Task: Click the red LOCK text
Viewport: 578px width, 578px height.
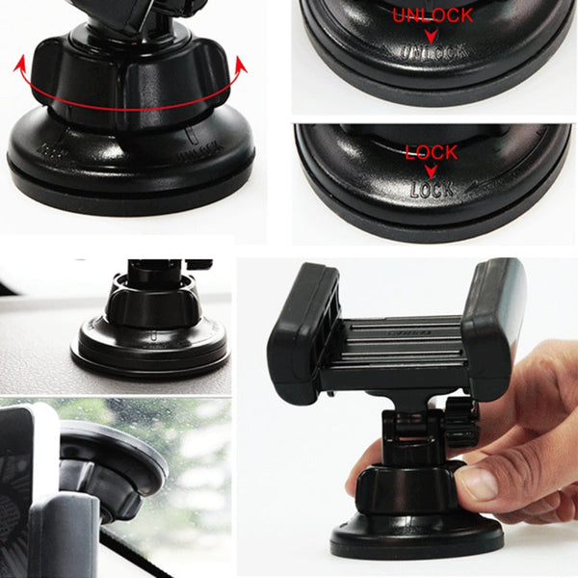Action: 431,152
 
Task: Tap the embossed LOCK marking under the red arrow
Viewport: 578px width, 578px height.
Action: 431,189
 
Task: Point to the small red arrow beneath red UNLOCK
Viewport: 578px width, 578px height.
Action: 432,35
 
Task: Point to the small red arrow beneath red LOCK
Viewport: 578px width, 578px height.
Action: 431,170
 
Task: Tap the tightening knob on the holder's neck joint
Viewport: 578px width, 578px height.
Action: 460,420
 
